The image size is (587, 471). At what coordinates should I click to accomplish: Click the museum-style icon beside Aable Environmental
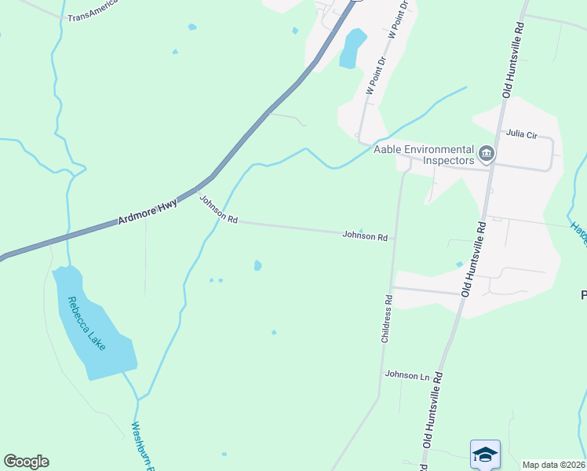(487, 154)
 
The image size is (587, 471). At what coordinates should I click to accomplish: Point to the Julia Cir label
(521, 134)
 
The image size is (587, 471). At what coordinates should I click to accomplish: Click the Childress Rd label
(385, 319)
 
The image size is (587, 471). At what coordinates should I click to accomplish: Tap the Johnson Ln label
(407, 375)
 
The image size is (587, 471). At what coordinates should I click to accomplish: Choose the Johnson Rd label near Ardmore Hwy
(217, 210)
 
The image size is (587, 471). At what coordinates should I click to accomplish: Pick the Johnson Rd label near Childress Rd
(365, 235)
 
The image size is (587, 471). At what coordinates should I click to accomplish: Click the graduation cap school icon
(485, 453)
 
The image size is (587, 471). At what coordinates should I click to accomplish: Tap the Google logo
(26, 462)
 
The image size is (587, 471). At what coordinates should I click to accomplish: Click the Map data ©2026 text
(554, 465)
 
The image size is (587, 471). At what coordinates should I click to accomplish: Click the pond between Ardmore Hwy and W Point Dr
(352, 48)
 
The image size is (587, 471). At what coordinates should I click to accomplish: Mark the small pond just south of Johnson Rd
(257, 266)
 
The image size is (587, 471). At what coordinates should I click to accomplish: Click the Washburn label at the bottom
(142, 444)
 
